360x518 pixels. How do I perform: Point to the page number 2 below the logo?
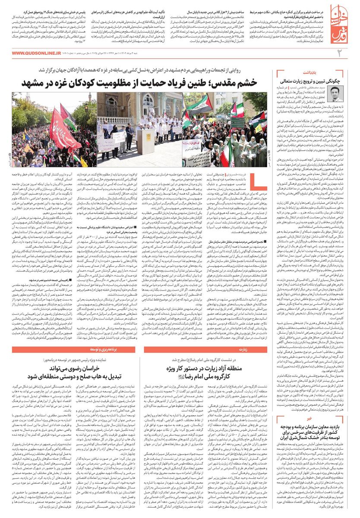[x=340, y=53]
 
